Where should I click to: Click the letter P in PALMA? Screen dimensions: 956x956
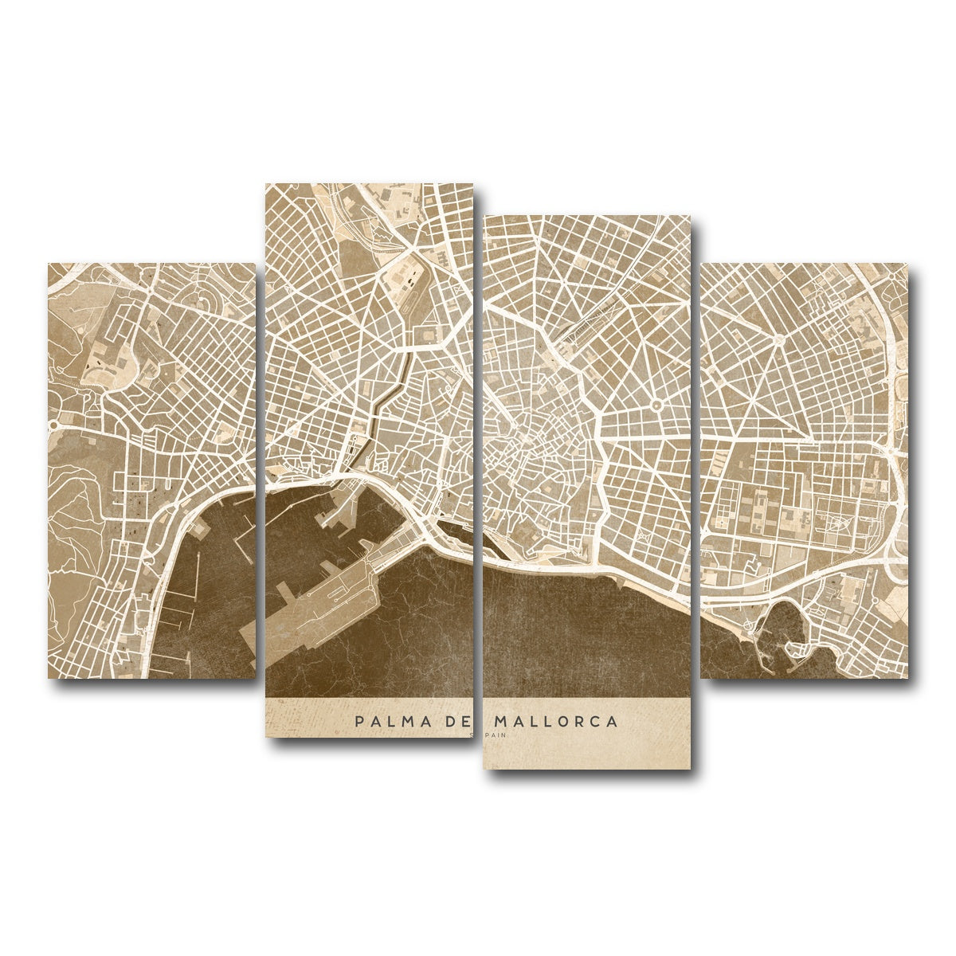pos(360,722)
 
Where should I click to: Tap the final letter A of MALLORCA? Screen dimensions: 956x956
pos(612,722)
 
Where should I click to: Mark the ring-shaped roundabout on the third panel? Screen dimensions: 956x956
pos(656,406)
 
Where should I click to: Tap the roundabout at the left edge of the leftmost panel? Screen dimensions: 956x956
pos(53,425)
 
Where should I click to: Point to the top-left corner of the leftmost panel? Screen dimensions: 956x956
pos(49,264)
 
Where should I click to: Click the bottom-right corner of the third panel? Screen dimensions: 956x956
pos(689,768)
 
